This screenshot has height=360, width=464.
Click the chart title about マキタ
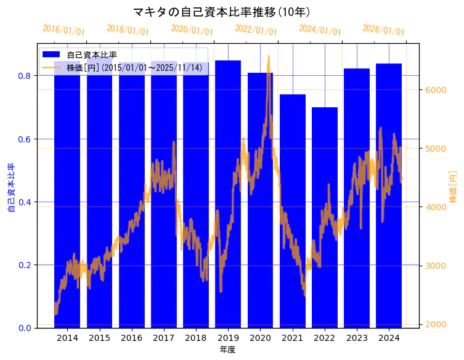[222, 12]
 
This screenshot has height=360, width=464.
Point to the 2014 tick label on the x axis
[67, 338]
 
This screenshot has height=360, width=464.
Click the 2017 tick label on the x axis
[164, 338]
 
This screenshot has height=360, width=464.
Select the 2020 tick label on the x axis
[260, 338]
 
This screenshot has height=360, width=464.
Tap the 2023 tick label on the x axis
[357, 338]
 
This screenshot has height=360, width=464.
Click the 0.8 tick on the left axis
[24, 76]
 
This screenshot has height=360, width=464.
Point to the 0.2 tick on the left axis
[24, 265]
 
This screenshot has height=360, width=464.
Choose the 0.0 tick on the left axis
[24, 328]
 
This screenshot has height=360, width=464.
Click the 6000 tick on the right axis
[436, 90]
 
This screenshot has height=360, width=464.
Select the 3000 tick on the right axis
[436, 266]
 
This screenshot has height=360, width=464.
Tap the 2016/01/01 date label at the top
[64, 30]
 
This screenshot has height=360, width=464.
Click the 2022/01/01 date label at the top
[256, 30]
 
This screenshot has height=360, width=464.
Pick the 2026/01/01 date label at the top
[384, 30]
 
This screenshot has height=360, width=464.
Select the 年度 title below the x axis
[227, 350]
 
